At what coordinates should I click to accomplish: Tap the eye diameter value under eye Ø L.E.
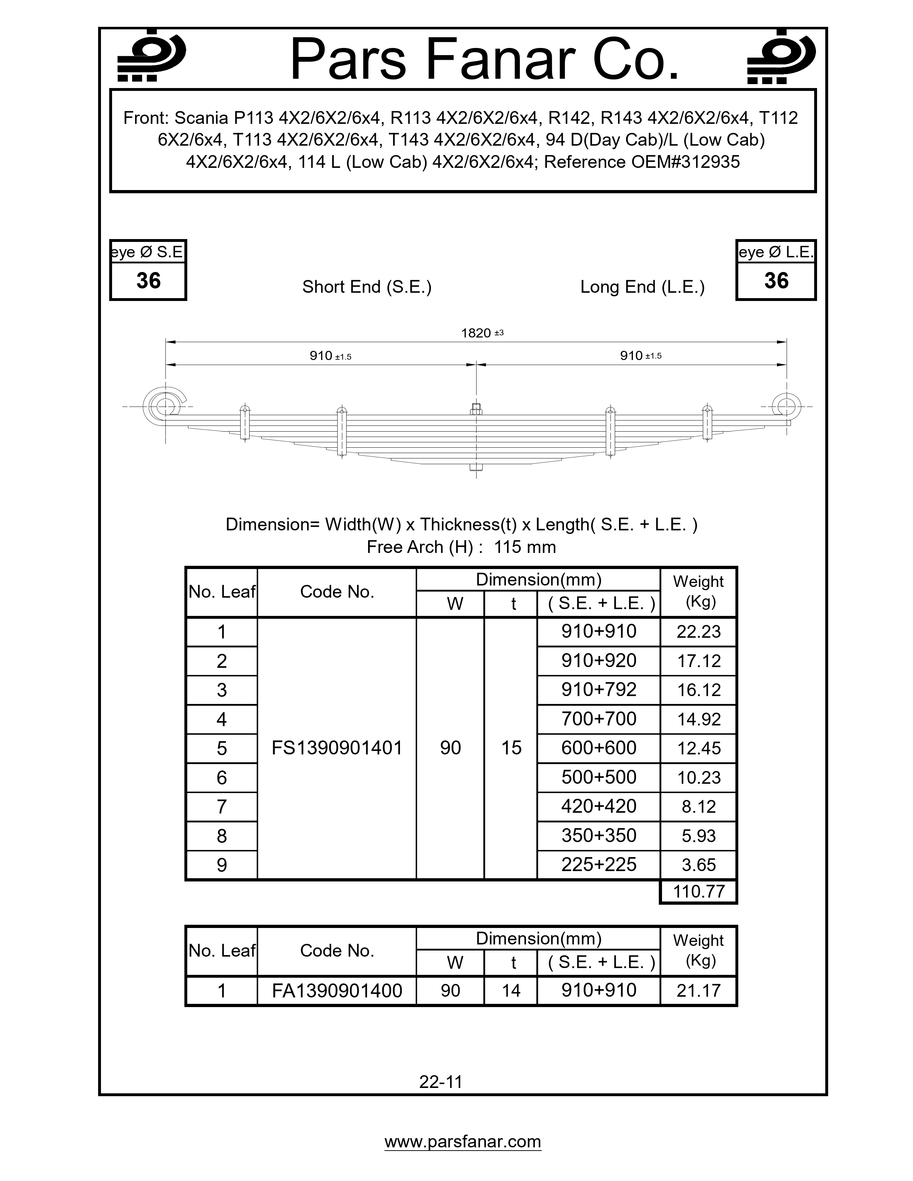coord(776,281)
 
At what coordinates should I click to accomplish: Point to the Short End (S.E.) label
coord(367,287)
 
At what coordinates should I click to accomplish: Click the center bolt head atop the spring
coord(476,408)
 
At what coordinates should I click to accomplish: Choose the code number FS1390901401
coord(337,748)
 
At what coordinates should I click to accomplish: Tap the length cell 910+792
coord(599,690)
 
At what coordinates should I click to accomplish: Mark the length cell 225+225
coord(599,865)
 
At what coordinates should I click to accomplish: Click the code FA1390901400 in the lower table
coord(337,991)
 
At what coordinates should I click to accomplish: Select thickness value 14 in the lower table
coord(511,991)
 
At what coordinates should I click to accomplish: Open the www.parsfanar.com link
coord(463,1141)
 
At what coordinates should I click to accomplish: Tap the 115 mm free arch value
coord(525,547)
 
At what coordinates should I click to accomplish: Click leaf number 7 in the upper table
coord(221,807)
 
